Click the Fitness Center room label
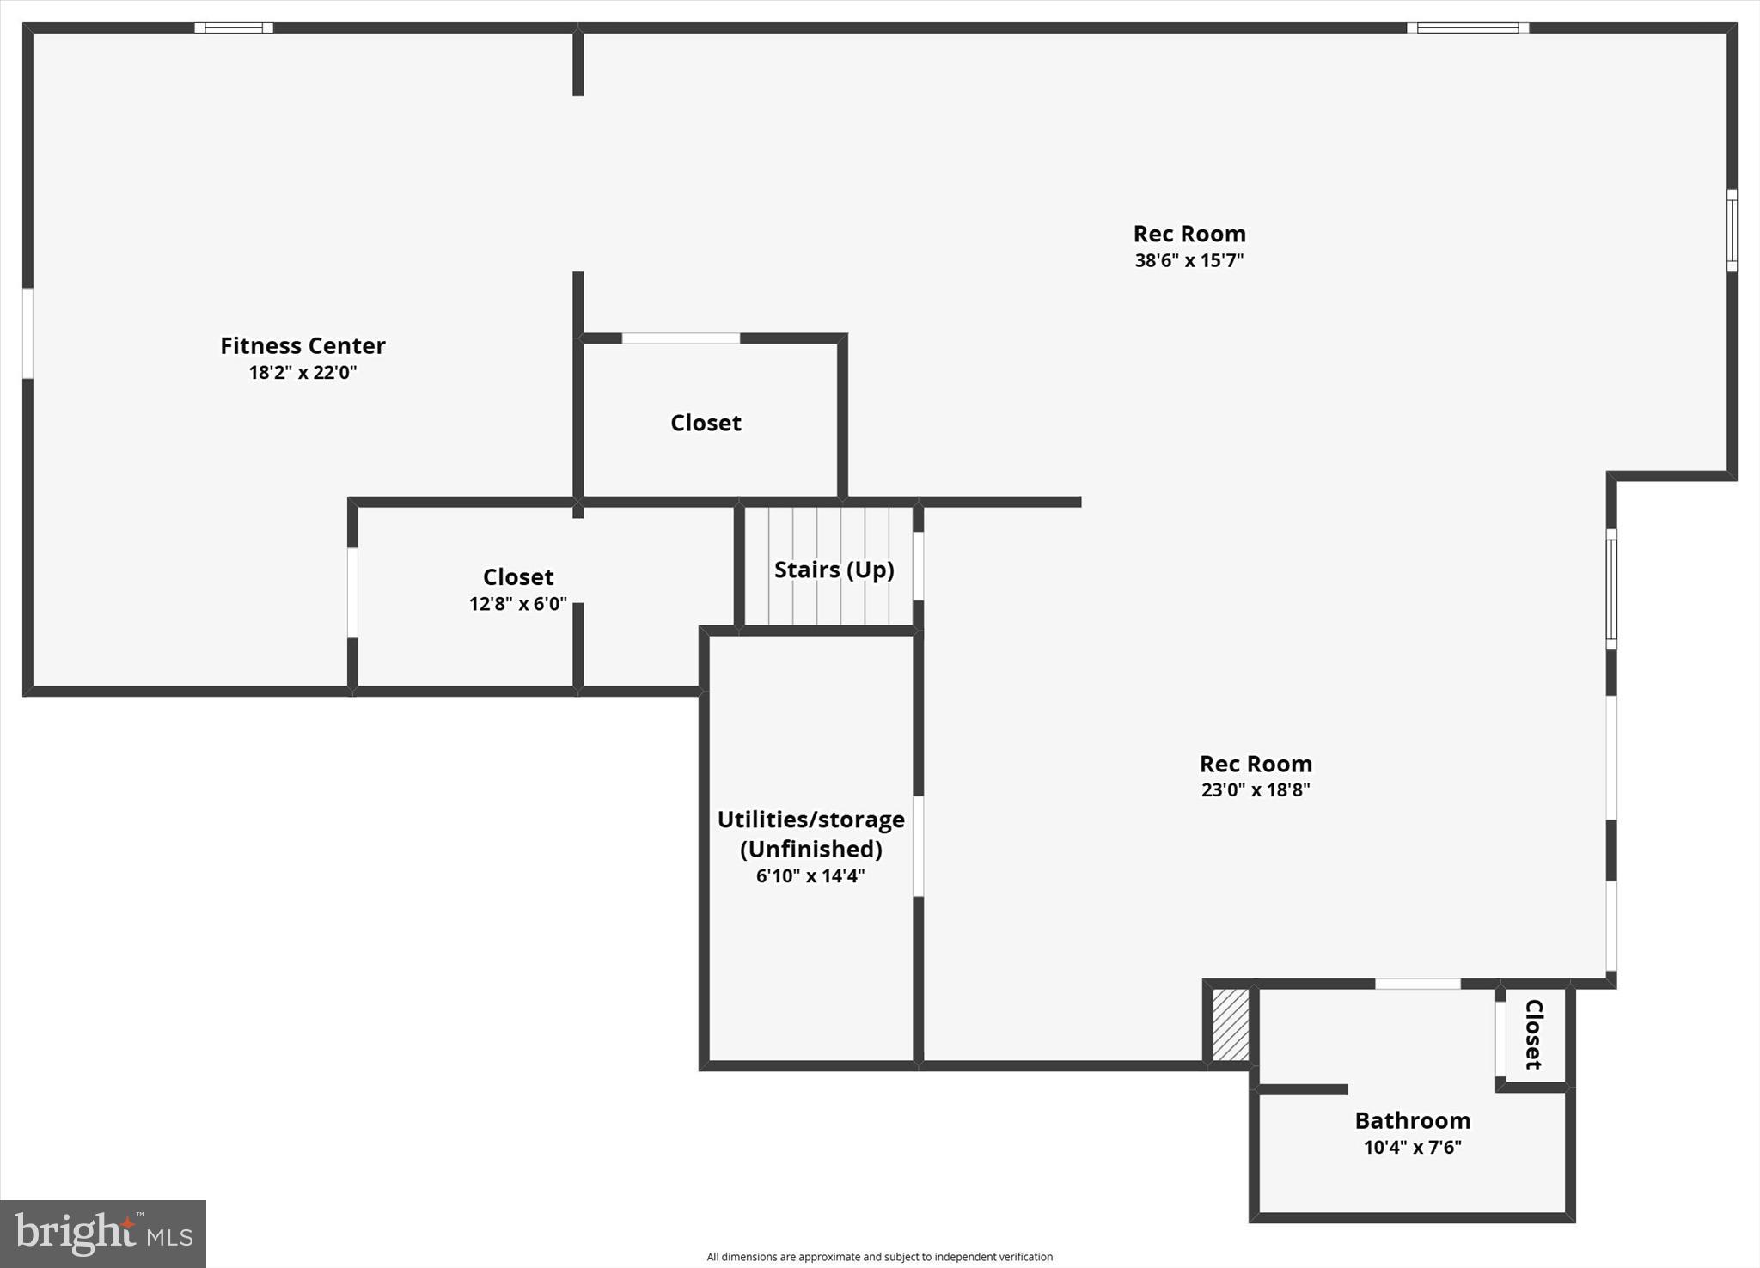point(302,345)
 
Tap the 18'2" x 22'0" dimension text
point(302,372)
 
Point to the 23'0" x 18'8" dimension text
point(1256,789)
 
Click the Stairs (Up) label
point(834,570)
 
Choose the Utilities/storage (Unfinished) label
point(811,834)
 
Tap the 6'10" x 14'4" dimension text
point(810,875)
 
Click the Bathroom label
point(1413,1120)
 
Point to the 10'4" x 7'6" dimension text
point(1413,1147)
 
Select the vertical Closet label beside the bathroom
point(1534,1034)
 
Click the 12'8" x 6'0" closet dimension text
point(518,603)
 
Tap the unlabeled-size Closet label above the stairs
point(706,423)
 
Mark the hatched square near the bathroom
point(1230,1025)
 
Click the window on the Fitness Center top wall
point(234,27)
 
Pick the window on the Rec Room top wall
point(1468,27)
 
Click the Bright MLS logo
point(103,1234)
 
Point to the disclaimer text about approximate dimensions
point(879,1257)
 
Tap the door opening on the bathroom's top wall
point(1418,984)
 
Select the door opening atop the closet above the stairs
point(681,338)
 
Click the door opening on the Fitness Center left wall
point(27,332)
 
